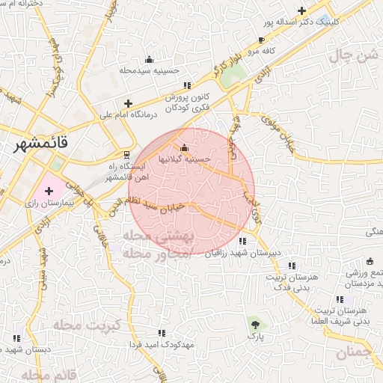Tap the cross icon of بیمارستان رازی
(49, 191)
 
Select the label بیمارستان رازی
(46, 203)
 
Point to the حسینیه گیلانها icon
(185, 147)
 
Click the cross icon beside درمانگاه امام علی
(128, 104)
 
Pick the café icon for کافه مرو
(261, 40)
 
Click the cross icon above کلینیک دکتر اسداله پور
(301, 11)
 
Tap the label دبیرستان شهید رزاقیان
(243, 253)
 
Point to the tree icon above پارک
(257, 324)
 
